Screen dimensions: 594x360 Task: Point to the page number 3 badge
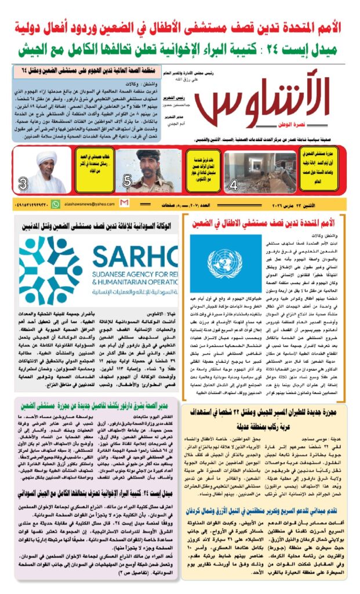(x=23, y=185)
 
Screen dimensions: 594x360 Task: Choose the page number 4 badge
(x=234, y=186)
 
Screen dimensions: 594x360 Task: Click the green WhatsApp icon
(x=56, y=204)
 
